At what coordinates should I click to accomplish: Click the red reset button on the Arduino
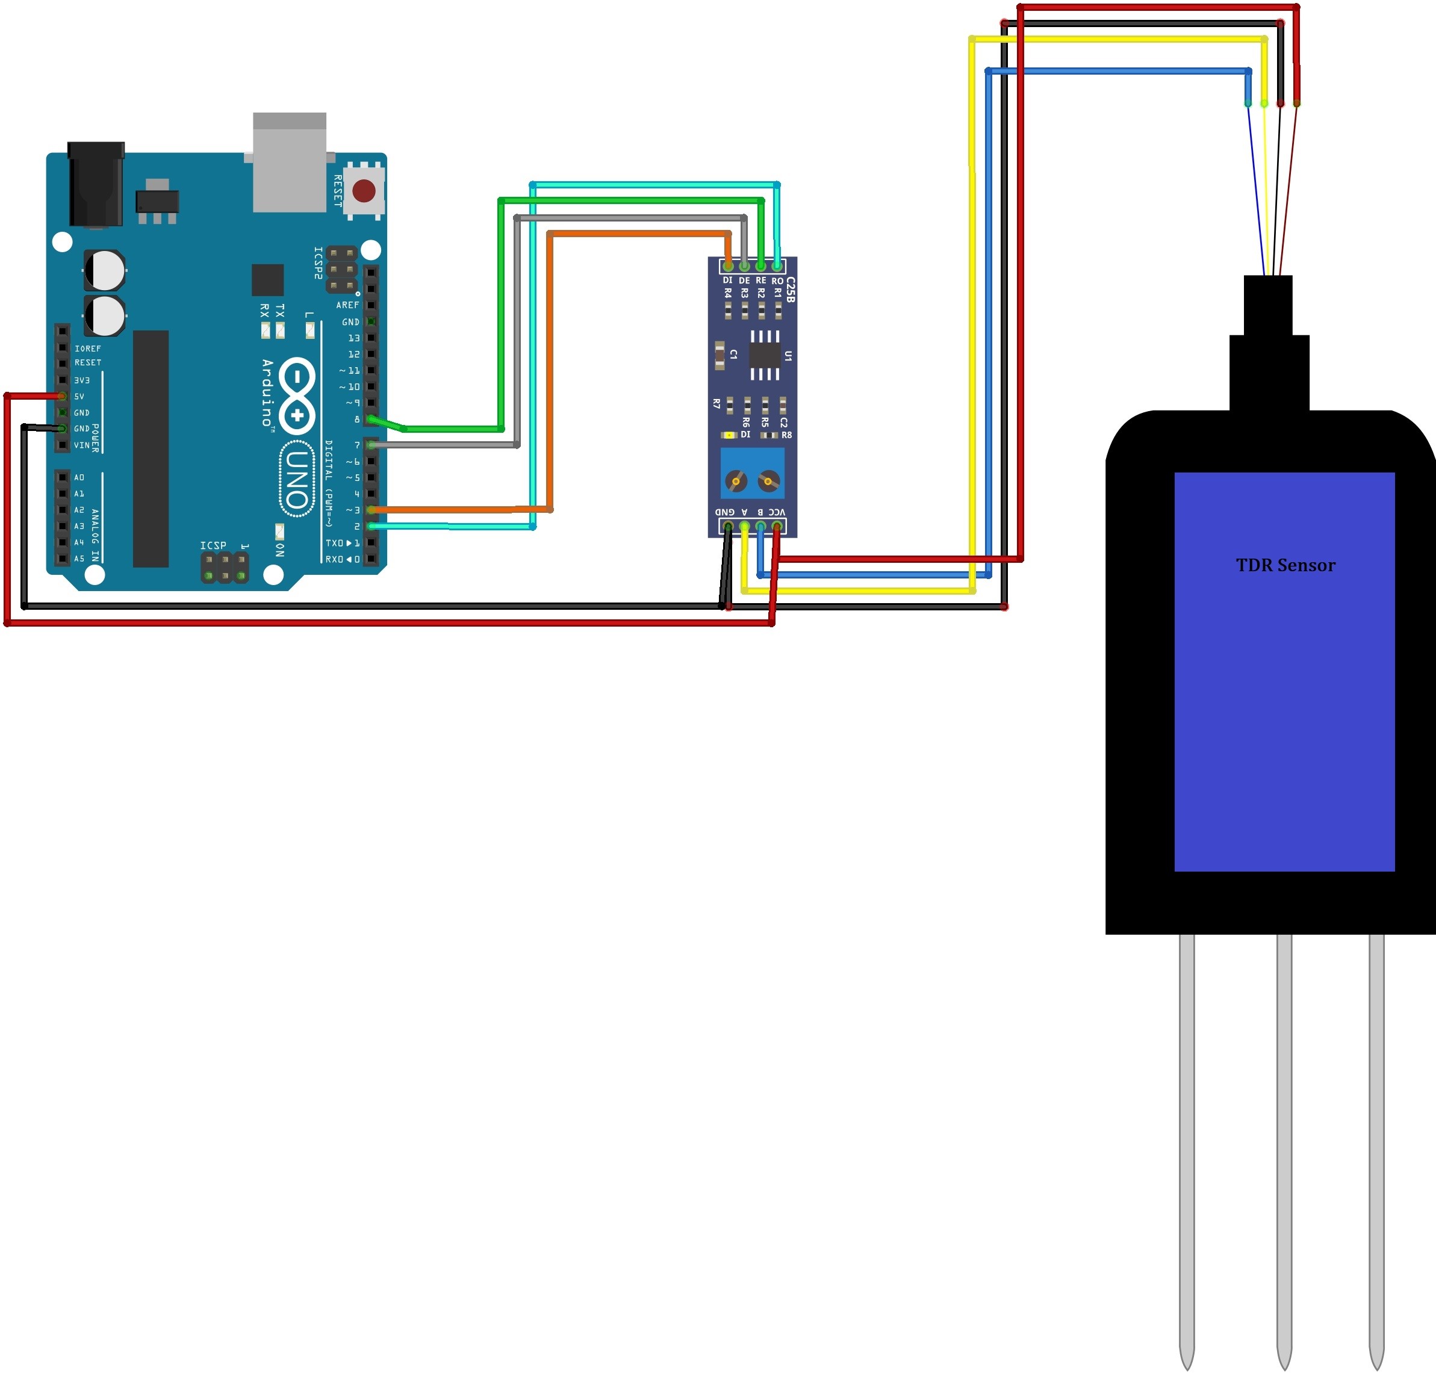coord(364,191)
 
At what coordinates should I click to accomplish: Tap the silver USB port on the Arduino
coord(289,163)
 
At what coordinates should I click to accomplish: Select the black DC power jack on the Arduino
coord(96,184)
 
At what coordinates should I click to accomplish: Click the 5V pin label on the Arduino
coord(79,397)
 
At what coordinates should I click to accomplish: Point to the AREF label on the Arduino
coord(347,305)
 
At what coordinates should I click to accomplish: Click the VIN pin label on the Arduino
coord(81,445)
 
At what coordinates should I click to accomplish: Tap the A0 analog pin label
coord(79,477)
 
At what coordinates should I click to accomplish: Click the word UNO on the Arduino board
coord(296,479)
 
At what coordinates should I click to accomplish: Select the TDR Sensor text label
coord(1285,565)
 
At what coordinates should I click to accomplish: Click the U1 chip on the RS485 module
coord(765,356)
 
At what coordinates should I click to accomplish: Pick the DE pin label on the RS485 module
coord(744,280)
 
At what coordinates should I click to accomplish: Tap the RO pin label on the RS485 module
coord(777,280)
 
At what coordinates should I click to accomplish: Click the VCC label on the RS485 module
coord(777,512)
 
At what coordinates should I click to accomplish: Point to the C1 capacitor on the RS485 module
coord(720,355)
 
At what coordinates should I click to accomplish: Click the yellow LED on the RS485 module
coord(729,435)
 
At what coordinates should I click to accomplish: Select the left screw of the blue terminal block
coord(736,481)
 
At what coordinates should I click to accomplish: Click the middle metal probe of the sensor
coord(1284,1142)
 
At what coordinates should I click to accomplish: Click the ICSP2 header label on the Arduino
coord(318,263)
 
